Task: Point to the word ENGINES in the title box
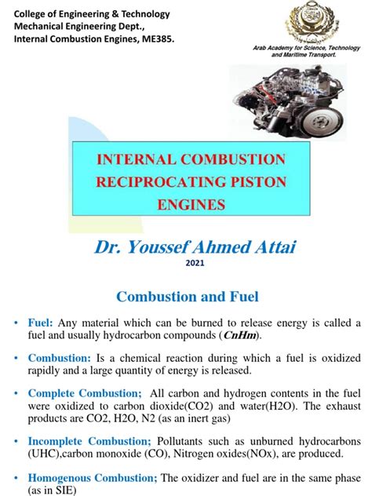(191, 206)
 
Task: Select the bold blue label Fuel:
(42, 324)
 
